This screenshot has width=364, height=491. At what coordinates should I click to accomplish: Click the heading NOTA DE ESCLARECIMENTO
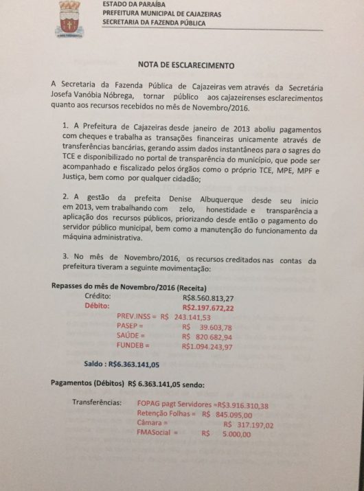(186, 66)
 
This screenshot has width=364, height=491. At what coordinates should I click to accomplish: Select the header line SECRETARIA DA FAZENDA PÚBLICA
(163, 22)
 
